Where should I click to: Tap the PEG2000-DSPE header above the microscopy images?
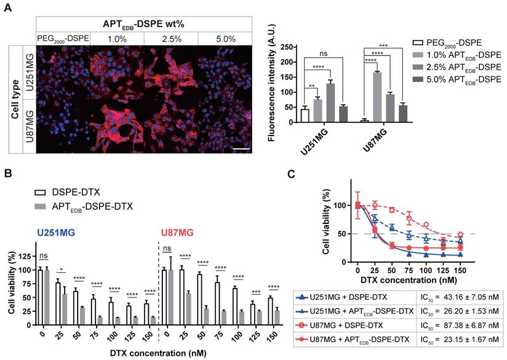[63, 38]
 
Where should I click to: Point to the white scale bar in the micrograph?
[241, 148]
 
